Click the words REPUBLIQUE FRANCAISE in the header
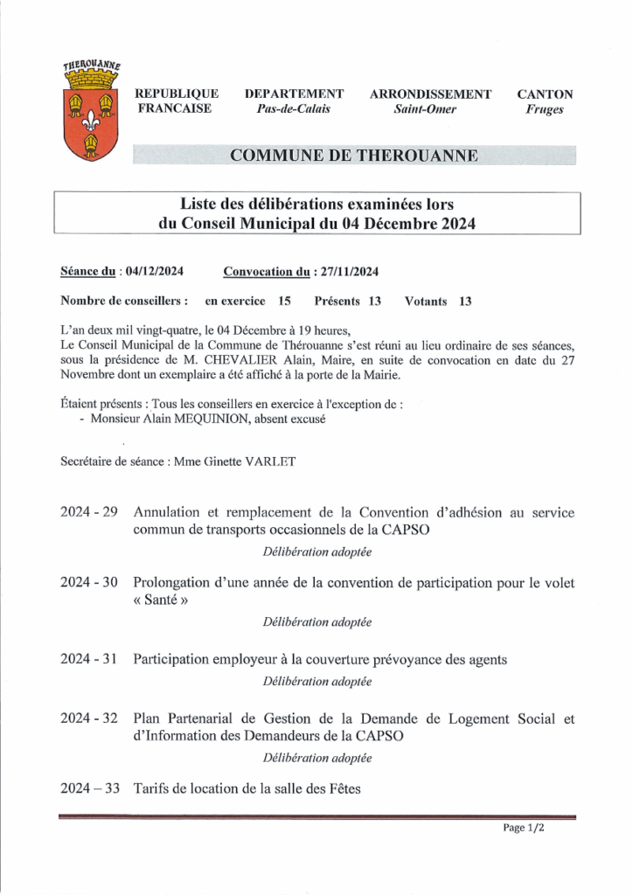point(177,101)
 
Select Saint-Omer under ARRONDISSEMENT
point(426,109)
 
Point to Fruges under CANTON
point(545,109)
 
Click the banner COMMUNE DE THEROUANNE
point(353,156)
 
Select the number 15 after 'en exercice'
point(284,302)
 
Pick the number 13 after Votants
point(464,302)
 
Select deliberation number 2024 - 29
point(89,512)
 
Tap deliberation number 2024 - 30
point(89,582)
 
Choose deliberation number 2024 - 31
point(89,659)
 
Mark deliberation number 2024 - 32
point(89,718)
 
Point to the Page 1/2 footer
point(524,828)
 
